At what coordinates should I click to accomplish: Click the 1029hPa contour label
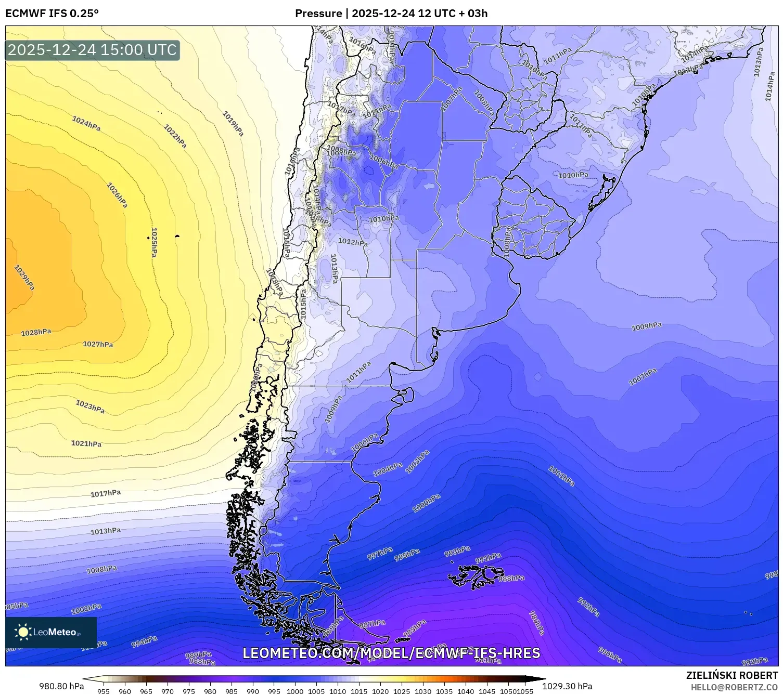coord(24,278)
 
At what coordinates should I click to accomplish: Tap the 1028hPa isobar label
coord(36,333)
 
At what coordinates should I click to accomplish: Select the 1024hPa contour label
coord(86,124)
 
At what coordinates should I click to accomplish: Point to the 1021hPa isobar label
coord(86,443)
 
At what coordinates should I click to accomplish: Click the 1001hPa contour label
coord(561,476)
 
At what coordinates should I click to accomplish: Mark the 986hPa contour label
coord(536,622)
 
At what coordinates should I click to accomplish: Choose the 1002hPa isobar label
coord(86,608)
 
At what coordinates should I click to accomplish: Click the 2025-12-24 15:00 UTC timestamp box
coord(92,50)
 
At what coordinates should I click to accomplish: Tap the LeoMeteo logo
coord(50,632)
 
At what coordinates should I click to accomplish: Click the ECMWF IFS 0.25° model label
coord(52,14)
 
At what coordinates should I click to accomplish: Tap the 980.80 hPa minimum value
coord(61,686)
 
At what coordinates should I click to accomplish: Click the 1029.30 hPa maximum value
coord(567,686)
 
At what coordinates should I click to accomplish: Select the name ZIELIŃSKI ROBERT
coord(732,675)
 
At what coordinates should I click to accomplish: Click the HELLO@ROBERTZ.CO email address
coord(734,687)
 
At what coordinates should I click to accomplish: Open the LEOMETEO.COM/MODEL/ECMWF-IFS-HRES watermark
coord(391,653)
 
